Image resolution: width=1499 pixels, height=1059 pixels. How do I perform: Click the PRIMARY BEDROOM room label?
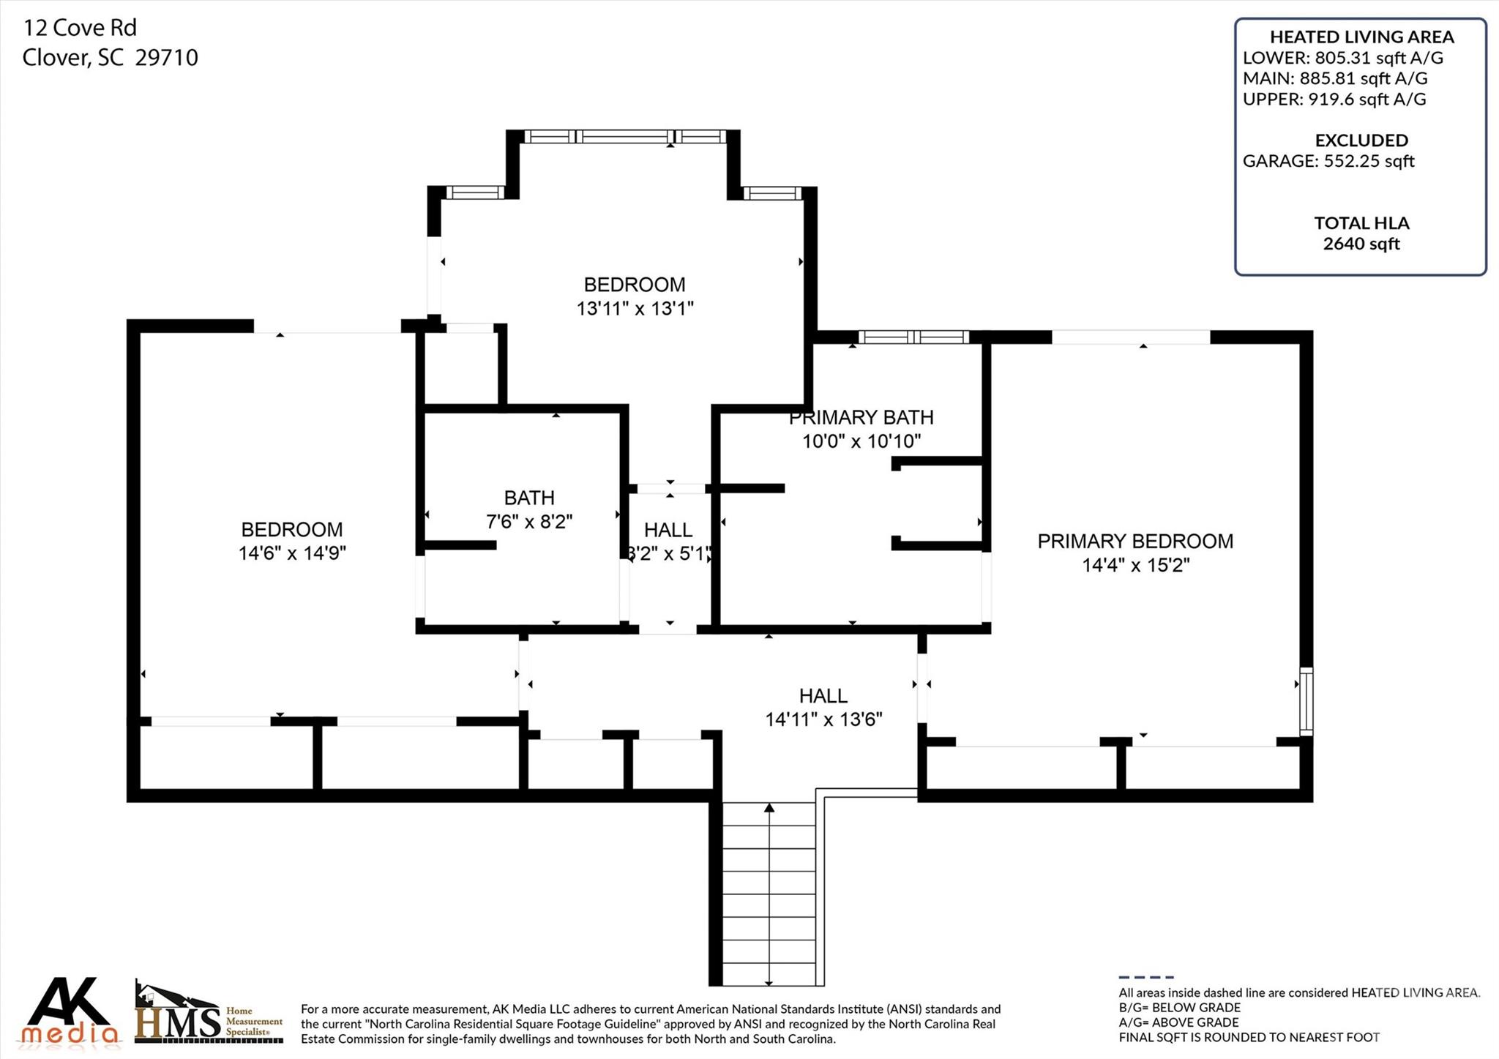[x=1134, y=541]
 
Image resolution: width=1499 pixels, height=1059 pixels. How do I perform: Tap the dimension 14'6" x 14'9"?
[x=292, y=553]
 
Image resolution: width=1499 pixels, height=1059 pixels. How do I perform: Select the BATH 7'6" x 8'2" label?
[x=528, y=509]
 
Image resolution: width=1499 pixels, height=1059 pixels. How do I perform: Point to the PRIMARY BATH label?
[x=861, y=417]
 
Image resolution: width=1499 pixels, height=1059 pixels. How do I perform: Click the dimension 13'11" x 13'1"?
[x=635, y=308]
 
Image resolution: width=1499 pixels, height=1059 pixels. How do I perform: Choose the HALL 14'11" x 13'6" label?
[x=823, y=707]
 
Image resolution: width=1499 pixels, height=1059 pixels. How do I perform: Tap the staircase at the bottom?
[x=769, y=893]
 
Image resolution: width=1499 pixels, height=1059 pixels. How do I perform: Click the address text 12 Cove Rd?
[x=80, y=28]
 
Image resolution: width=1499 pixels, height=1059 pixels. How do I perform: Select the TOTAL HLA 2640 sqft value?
[x=1361, y=244]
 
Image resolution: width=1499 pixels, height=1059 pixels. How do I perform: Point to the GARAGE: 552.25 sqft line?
[x=1328, y=161]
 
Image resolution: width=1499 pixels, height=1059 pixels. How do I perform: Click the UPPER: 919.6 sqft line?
[x=1334, y=99]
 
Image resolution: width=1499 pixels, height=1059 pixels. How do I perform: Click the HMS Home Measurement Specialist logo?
[x=209, y=1013]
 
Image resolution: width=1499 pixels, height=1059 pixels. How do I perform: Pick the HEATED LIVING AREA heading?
[x=1361, y=37]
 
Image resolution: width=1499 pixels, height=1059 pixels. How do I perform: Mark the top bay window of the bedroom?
[x=625, y=136]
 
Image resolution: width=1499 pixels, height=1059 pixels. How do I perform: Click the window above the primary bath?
[x=913, y=337]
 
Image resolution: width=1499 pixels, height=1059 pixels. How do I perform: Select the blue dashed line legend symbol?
[x=1145, y=977]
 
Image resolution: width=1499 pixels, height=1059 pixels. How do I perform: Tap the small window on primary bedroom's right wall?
[x=1306, y=700]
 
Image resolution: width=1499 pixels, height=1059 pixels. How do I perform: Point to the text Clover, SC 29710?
[x=110, y=58]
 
